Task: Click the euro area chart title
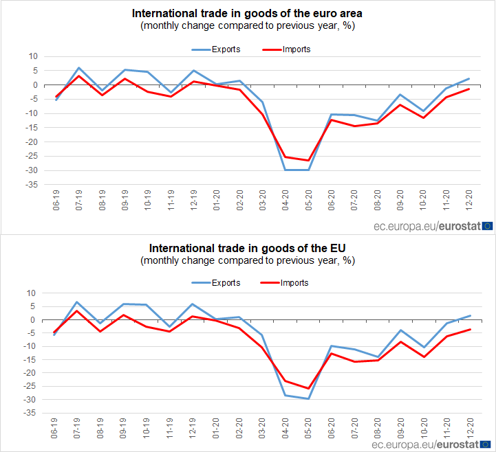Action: (248, 13)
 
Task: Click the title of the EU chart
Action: (248, 247)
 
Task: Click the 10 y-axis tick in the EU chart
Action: (30, 293)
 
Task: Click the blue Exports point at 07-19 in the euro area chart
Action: (79, 68)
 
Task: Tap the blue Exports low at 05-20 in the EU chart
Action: (310, 398)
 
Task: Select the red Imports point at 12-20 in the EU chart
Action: (469, 329)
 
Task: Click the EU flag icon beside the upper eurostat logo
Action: (488, 225)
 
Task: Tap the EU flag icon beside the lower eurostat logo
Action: (488, 444)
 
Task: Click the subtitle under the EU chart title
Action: (248, 260)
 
